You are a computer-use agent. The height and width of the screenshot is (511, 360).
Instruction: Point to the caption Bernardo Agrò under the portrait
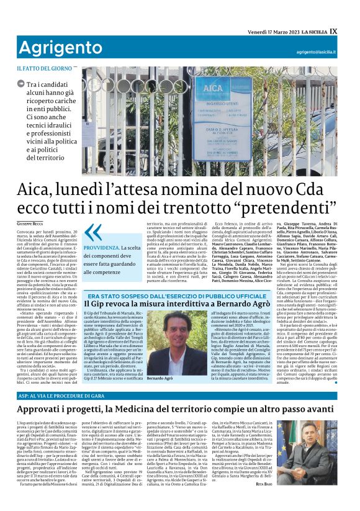160,361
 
